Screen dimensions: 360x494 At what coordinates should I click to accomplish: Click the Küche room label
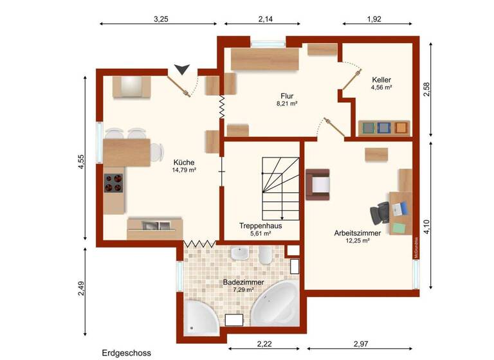pyautogui.click(x=183, y=162)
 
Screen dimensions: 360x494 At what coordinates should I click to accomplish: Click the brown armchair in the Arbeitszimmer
pyautogui.click(x=318, y=184)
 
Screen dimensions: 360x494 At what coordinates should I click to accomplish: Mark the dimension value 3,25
pyautogui.click(x=161, y=19)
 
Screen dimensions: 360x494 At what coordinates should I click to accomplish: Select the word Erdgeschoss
pyautogui.click(x=126, y=353)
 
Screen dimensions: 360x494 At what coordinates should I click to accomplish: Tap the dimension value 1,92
pyautogui.click(x=374, y=19)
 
